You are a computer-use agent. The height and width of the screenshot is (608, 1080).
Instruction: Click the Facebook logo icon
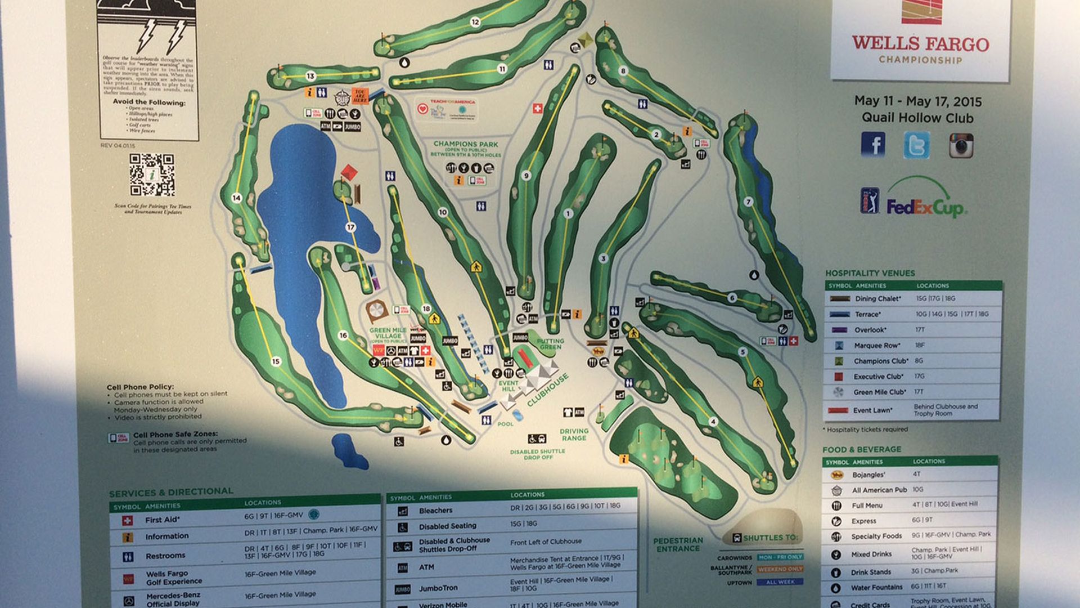pyautogui.click(x=873, y=145)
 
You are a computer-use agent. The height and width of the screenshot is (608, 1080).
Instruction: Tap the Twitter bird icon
pyautogui.click(x=916, y=145)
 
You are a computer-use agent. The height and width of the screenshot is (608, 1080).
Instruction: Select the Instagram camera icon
pyautogui.click(x=961, y=145)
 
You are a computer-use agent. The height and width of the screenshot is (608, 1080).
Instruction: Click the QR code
pyautogui.click(x=151, y=175)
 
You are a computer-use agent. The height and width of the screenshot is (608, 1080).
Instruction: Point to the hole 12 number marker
pyautogui.click(x=475, y=22)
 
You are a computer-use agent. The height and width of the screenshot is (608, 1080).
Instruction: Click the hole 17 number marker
pyautogui.click(x=351, y=227)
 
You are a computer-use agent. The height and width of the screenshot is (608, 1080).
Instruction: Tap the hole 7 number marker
pyautogui.click(x=748, y=202)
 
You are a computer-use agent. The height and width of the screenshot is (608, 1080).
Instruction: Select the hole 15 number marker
pyautogui.click(x=276, y=361)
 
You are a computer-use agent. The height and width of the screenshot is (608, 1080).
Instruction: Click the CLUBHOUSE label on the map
pyautogui.click(x=548, y=390)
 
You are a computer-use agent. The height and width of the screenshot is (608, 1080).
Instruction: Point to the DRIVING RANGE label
pyautogui.click(x=574, y=434)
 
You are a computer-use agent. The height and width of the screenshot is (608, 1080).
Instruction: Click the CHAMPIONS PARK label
pyautogui.click(x=466, y=144)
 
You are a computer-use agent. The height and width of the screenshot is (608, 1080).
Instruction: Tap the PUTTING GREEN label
pyautogui.click(x=550, y=344)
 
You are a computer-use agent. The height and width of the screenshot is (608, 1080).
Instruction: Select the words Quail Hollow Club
pyautogui.click(x=917, y=118)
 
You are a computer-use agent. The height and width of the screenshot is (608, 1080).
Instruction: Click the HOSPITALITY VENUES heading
pyautogui.click(x=870, y=273)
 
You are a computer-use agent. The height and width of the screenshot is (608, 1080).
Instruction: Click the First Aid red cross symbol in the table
pyautogui.click(x=128, y=521)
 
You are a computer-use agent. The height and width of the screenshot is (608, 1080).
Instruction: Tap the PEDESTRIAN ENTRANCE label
pyautogui.click(x=678, y=544)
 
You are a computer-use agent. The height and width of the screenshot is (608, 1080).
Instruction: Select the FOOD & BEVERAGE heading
pyautogui.click(x=861, y=449)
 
